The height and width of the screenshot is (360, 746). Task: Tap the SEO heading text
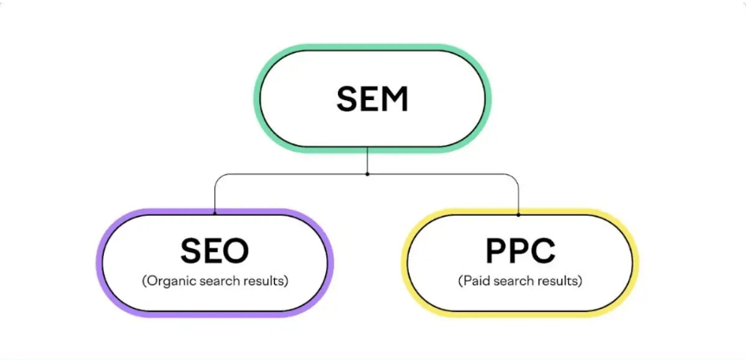[214, 251]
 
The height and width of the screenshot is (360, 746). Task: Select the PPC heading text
[520, 251]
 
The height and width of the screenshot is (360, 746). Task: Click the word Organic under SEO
[171, 280]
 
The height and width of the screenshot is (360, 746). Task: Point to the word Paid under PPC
[476, 280]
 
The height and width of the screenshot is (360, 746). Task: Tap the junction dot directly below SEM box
[367, 173]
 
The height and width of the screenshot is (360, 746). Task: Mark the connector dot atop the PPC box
[518, 213]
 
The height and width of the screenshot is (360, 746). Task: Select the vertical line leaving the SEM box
[367, 161]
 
